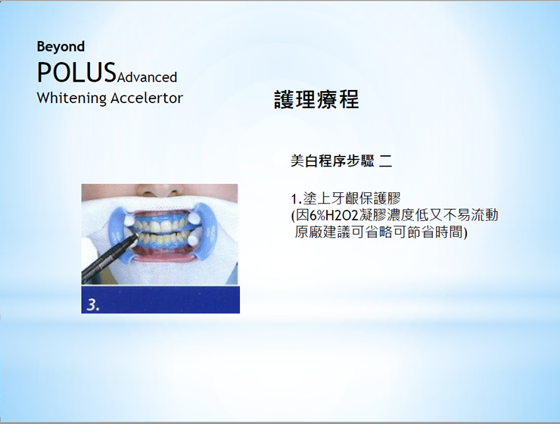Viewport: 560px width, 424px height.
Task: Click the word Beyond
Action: [61, 47]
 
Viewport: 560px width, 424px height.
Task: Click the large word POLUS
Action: [76, 73]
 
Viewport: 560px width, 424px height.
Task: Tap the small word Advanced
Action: [147, 77]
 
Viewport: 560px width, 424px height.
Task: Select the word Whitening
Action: [72, 98]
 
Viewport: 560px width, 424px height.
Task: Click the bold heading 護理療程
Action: [316, 100]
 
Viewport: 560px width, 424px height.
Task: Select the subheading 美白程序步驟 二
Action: [341, 161]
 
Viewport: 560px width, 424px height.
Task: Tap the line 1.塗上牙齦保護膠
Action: [346, 198]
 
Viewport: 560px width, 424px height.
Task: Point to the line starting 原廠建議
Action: [381, 232]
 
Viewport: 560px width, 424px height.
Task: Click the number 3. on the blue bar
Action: [93, 304]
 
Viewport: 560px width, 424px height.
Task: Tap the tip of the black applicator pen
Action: [137, 235]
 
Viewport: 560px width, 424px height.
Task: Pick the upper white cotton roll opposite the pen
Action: [194, 217]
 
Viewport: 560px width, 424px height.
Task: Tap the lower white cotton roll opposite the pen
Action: [194, 240]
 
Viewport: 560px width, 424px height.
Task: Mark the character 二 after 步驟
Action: [386, 161]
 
